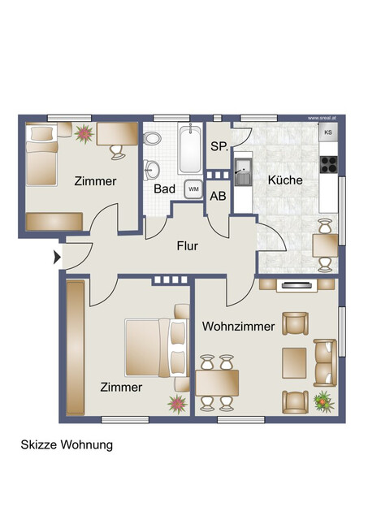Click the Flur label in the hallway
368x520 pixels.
[x=187, y=245]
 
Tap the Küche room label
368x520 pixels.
[x=285, y=182]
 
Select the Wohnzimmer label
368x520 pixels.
[x=238, y=327]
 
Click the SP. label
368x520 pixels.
[x=218, y=147]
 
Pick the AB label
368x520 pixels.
[x=218, y=196]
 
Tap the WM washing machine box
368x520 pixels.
[x=193, y=188]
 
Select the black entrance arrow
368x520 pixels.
[x=57, y=258]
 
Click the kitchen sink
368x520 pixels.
[x=243, y=172]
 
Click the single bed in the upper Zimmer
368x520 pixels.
[x=41, y=157]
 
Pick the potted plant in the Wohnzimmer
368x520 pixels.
[x=323, y=400]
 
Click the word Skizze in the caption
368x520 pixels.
[x=37, y=445]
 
